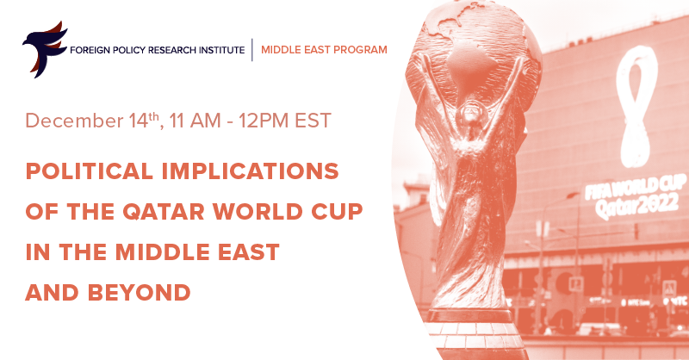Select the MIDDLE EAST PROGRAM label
[324, 49]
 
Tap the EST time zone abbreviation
[312, 121]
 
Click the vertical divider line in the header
[251, 49]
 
